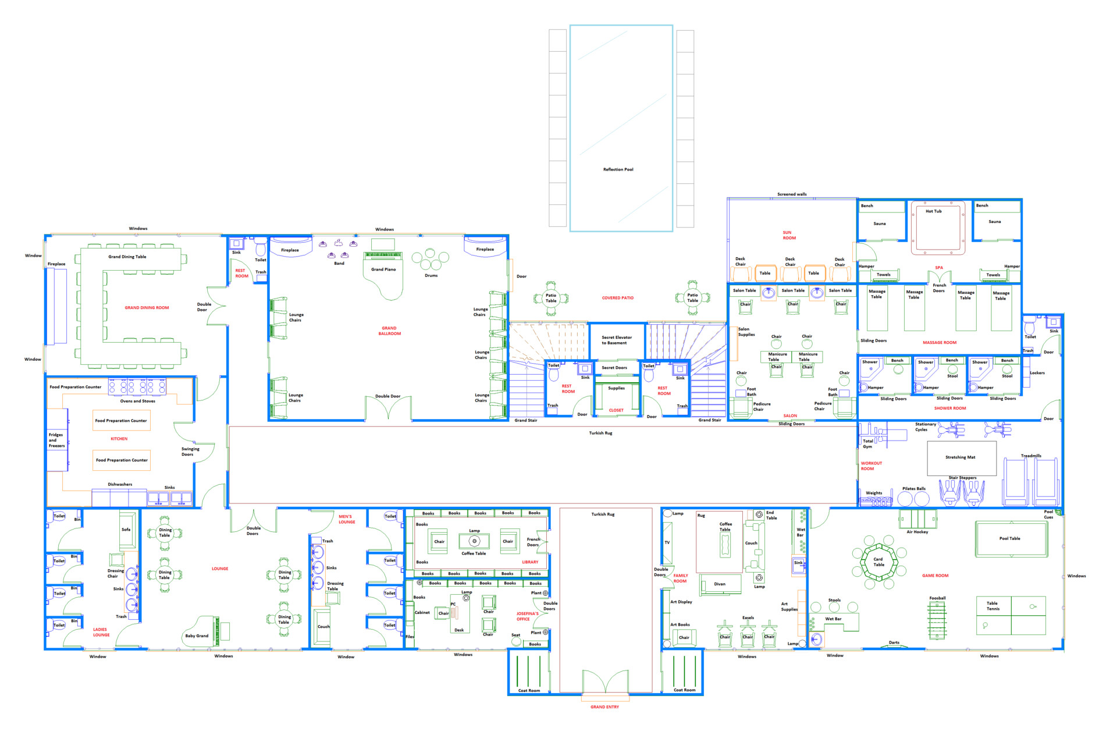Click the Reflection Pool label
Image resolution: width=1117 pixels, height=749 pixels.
pos(618,169)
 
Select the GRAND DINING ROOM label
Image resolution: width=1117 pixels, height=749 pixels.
pos(147,308)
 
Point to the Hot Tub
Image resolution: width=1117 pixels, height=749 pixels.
pos(938,228)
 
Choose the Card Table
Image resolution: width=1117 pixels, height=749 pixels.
pos(878,562)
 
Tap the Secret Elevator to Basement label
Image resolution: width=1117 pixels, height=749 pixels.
pos(617,340)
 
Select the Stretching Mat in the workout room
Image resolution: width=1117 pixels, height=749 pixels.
pos(961,458)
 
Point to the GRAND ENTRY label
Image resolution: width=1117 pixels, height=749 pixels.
pos(604,707)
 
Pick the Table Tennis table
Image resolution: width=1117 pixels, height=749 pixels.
pos(1011,615)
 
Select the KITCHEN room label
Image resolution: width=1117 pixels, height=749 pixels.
pos(119,439)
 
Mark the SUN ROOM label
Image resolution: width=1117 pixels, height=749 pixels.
pos(789,235)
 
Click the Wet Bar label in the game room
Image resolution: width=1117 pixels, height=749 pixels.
pos(833,619)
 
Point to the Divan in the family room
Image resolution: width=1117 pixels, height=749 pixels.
pos(720,584)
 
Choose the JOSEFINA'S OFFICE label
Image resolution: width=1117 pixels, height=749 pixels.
pos(527,616)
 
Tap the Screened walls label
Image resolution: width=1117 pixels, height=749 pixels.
pos(792,194)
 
